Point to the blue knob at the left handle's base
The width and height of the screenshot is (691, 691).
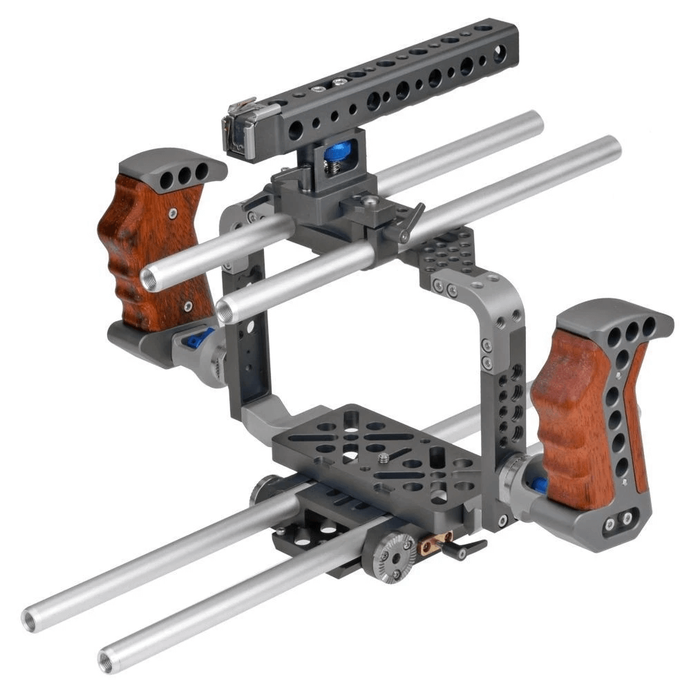(198, 338)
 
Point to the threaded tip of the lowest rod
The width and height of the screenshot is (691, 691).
(108, 659)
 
